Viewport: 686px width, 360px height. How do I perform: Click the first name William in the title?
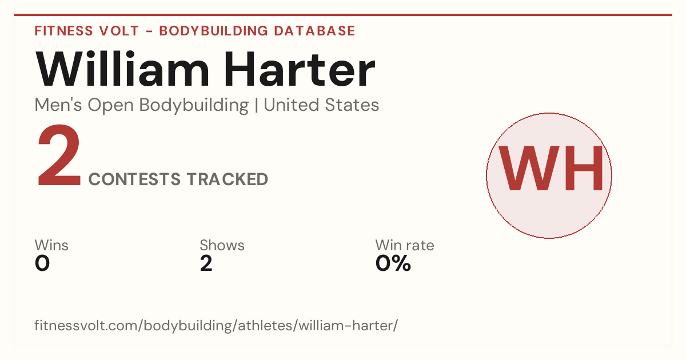(x=122, y=69)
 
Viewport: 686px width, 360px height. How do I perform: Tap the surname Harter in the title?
(x=300, y=69)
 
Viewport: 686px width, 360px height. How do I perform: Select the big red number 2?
(x=59, y=155)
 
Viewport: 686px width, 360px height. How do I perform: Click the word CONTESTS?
(x=134, y=179)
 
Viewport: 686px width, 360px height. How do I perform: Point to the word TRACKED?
(x=228, y=179)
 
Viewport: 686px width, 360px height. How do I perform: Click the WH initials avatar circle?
(x=549, y=175)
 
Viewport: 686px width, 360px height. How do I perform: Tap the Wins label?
(x=51, y=245)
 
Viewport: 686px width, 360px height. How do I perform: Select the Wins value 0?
(x=42, y=263)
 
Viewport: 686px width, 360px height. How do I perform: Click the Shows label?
(x=222, y=245)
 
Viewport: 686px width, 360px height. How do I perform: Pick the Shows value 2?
(x=206, y=263)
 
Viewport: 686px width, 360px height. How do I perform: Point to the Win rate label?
(x=405, y=245)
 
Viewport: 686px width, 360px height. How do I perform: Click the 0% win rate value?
(x=393, y=263)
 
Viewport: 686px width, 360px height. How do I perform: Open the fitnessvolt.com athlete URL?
(x=216, y=325)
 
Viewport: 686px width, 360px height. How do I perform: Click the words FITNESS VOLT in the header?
(x=87, y=31)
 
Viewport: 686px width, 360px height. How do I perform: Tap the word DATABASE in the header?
(x=314, y=31)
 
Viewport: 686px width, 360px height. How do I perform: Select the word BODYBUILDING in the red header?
(x=214, y=31)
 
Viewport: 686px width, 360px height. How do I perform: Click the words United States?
(x=321, y=105)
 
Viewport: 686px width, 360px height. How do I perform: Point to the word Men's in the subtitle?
(x=58, y=105)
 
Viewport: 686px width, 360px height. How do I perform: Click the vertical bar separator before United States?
(x=256, y=106)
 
